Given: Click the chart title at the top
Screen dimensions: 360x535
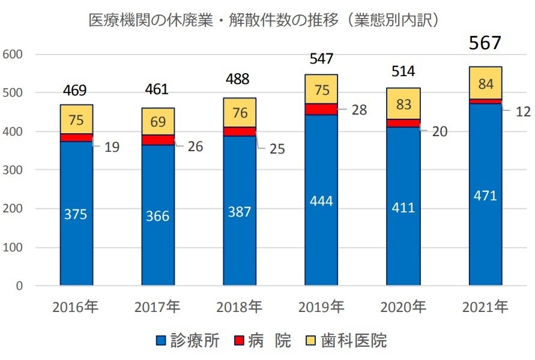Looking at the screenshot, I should [x=267, y=20].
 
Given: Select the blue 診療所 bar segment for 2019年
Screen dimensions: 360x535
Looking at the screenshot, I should [x=321, y=228].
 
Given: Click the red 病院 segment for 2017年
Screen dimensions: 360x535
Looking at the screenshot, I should [x=158, y=140].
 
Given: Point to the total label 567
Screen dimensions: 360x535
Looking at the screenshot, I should [x=485, y=43].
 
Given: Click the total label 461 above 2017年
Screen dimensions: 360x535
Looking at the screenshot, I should [x=157, y=90].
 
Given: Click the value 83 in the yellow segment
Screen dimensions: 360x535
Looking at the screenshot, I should [x=404, y=104].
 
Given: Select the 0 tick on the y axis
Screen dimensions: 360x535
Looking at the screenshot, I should [x=18, y=286].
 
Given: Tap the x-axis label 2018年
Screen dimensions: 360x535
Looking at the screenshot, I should [x=240, y=308].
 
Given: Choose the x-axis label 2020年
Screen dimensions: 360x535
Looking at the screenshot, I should [x=403, y=308].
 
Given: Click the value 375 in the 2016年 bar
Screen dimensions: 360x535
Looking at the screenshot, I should [x=76, y=214].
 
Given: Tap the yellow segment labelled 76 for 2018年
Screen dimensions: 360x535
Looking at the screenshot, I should [x=240, y=112].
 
